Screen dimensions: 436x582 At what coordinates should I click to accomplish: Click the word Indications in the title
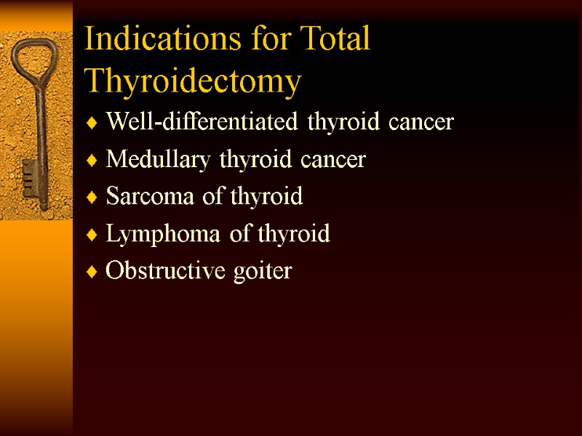click(x=145, y=39)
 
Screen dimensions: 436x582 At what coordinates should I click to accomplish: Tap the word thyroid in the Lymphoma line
click(x=294, y=234)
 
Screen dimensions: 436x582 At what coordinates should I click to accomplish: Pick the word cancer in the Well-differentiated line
click(x=420, y=122)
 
